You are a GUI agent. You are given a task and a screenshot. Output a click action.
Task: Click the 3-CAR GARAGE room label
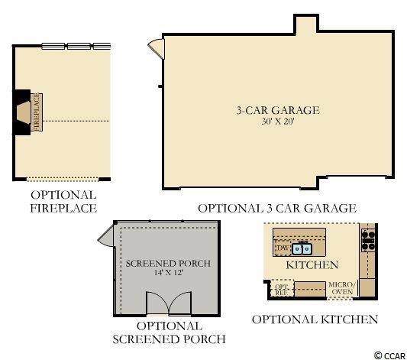[278, 110]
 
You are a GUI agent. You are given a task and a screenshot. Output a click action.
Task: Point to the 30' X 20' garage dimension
[278, 122]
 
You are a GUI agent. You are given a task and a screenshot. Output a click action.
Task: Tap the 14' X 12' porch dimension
[169, 272]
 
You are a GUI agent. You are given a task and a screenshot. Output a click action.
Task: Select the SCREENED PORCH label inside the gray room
[168, 264]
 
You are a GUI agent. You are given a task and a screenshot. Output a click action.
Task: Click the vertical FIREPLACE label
[37, 112]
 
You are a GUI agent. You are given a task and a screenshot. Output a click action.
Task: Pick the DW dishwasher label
[283, 248]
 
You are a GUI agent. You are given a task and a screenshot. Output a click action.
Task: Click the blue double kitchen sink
[302, 249]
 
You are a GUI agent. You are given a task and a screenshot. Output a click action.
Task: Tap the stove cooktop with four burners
[368, 240]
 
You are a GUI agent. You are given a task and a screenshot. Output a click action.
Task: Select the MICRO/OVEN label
[342, 288]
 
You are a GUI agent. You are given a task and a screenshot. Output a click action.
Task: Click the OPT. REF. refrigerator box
[282, 288]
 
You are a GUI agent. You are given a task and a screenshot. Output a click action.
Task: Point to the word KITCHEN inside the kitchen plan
[312, 265]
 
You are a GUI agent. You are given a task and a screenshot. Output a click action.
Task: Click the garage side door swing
[157, 48]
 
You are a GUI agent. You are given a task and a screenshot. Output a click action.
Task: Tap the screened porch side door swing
[106, 236]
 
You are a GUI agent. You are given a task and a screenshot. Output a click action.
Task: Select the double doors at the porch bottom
[169, 303]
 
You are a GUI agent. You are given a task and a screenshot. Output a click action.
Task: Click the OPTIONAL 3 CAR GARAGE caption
[277, 209]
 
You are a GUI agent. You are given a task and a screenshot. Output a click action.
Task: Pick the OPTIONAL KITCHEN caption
[315, 319]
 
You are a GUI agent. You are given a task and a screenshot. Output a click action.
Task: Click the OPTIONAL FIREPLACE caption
[63, 202]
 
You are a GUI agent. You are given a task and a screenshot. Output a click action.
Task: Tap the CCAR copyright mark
[390, 355]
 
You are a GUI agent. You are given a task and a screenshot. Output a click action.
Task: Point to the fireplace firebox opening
[24, 112]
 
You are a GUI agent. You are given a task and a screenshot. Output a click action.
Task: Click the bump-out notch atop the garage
[306, 24]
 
